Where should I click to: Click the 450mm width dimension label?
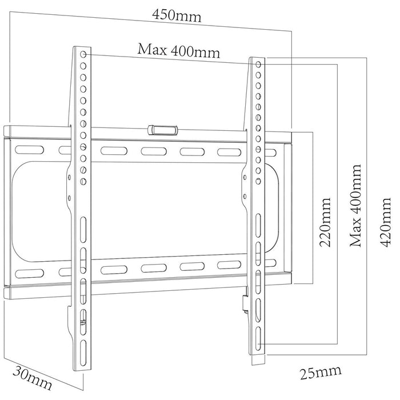pos(177,15)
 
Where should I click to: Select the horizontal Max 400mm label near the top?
pos(178,50)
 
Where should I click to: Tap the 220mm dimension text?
pos(326,222)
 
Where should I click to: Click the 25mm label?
pos(321,372)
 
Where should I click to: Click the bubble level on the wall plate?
pos(162,130)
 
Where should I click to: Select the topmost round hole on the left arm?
pos(84,55)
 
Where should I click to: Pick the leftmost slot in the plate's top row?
pos(29,149)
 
